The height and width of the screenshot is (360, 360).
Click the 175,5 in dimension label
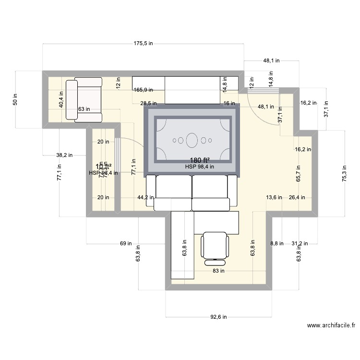[x=143, y=43]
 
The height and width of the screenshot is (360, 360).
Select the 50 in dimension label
[x=15, y=99]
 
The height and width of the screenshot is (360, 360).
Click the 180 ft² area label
[x=199, y=160]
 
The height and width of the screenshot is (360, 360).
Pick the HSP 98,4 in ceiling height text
[x=199, y=167]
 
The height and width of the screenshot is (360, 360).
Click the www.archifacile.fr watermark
[x=331, y=325]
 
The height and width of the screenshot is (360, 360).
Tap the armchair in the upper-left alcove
[x=84, y=100]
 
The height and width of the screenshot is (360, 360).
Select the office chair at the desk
[x=215, y=248]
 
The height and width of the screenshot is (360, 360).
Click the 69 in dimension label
[x=126, y=244]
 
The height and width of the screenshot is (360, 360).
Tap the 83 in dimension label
[x=218, y=271]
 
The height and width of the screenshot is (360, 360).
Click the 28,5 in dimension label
[x=148, y=103]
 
